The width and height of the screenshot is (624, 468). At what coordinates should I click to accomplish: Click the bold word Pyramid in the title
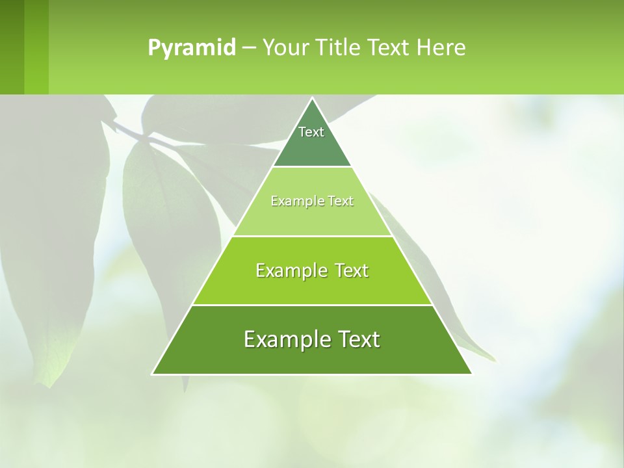[x=192, y=48]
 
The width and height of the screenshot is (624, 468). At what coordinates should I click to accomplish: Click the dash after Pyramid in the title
[x=249, y=48]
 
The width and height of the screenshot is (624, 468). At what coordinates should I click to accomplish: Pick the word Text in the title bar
[x=389, y=48]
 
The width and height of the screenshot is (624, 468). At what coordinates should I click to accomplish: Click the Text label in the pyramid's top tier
[x=311, y=132]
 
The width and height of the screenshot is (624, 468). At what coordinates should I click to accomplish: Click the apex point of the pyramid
[x=312, y=99]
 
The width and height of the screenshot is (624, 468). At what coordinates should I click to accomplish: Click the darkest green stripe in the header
[x=12, y=47]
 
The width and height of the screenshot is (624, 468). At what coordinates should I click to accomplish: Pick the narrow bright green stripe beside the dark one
[x=36, y=47]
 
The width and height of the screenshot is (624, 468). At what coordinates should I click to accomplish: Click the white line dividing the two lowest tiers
[x=312, y=305]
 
